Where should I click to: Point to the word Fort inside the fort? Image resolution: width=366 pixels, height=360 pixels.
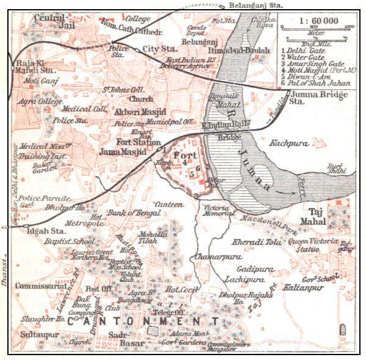click(183, 156)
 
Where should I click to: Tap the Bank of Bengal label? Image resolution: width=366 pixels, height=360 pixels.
click(134, 213)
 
